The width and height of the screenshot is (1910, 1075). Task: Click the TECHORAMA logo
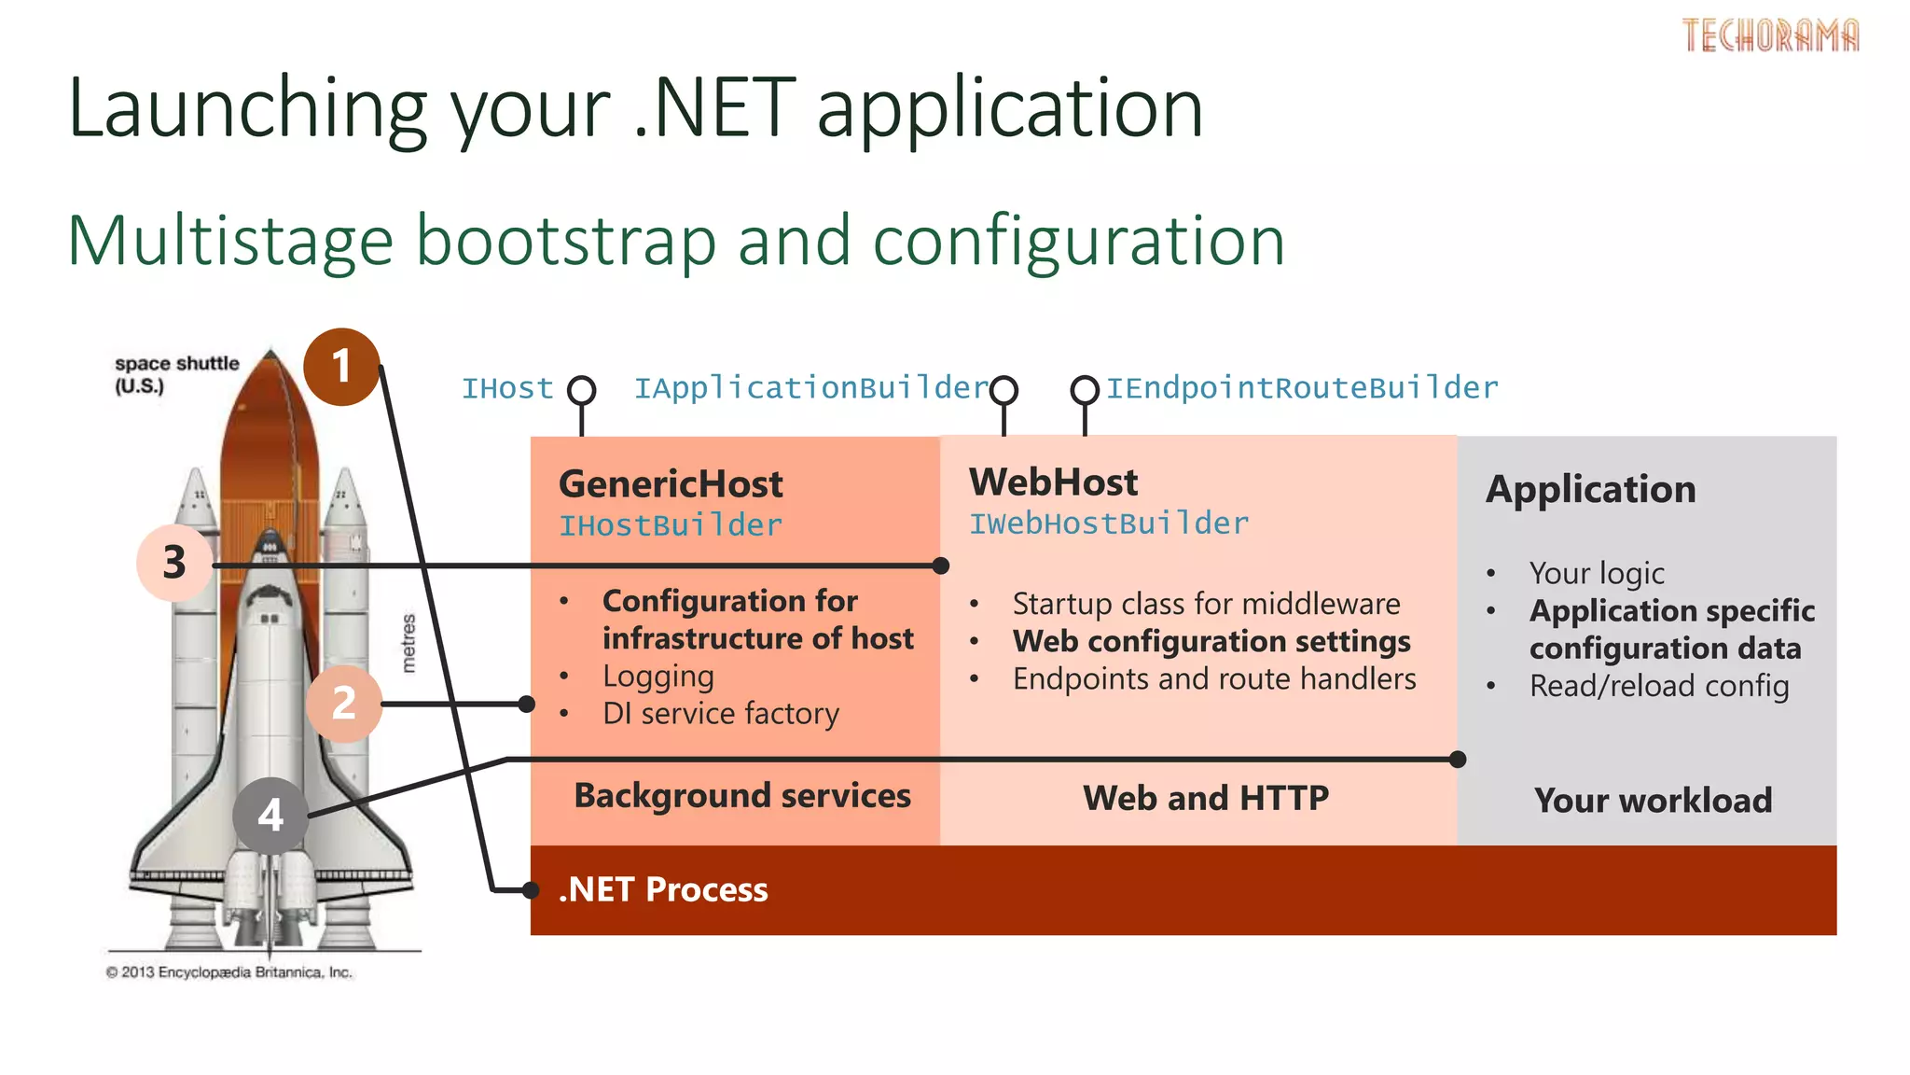(x=1769, y=35)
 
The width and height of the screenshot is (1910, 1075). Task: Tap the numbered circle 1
(x=341, y=367)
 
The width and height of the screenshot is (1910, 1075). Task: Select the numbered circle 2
(x=343, y=704)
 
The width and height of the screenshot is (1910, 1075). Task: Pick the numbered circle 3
(x=174, y=563)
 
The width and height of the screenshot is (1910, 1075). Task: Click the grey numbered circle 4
(x=270, y=816)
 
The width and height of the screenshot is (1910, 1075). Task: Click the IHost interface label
(x=507, y=388)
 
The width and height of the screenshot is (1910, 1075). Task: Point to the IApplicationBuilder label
(x=810, y=388)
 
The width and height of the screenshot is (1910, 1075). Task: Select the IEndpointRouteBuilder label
(x=1302, y=388)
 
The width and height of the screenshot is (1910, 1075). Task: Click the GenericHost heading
(x=671, y=484)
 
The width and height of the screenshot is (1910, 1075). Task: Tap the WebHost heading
(x=1053, y=482)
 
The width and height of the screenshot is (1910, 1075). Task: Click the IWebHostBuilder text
(x=1108, y=524)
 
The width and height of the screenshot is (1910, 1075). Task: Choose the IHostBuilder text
(x=670, y=525)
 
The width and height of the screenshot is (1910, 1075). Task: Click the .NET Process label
(x=663, y=889)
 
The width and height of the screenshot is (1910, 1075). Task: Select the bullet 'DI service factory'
(x=720, y=714)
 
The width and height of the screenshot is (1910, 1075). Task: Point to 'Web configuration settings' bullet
(x=1211, y=642)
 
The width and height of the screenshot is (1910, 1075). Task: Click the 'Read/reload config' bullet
(x=1658, y=686)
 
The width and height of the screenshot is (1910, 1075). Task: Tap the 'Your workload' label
(x=1653, y=801)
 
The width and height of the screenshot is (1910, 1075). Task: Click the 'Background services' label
(x=741, y=796)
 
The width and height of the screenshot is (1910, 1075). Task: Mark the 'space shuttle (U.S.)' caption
(x=176, y=374)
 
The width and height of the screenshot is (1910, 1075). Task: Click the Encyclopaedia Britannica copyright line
(x=229, y=972)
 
